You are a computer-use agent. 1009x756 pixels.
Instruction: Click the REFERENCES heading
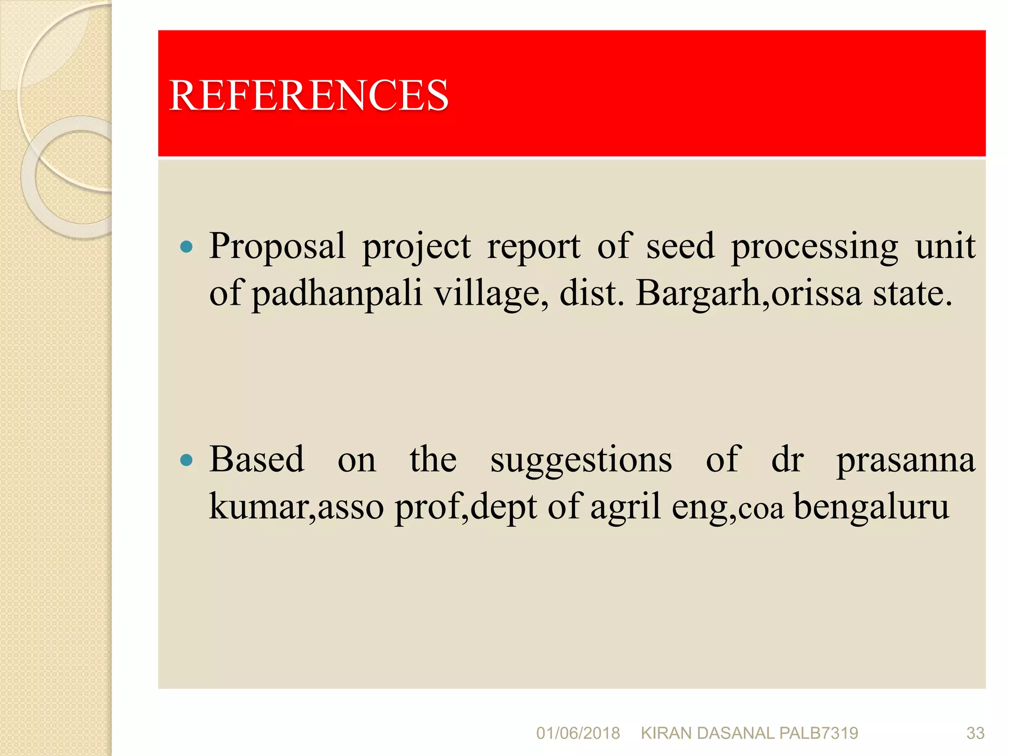308,95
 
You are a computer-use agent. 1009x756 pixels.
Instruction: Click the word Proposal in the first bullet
277,246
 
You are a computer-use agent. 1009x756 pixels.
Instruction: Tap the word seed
680,246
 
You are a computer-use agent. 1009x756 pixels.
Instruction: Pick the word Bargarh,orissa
748,293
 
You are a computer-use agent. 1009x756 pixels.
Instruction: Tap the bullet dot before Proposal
186,246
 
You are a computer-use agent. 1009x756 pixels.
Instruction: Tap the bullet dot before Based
186,460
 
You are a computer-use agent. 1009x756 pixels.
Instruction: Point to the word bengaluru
871,507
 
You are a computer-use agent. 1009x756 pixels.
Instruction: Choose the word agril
625,507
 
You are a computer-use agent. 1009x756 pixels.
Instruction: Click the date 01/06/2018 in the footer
577,733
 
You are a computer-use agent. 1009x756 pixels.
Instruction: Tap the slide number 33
975,733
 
